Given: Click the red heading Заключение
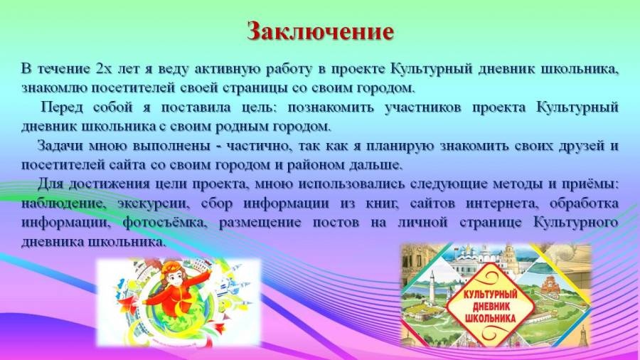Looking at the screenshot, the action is (321, 31).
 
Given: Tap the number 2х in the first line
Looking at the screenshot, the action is (104, 68).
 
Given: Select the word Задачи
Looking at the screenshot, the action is (60, 147).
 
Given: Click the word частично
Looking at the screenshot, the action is (259, 147).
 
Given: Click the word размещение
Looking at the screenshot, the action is (260, 223).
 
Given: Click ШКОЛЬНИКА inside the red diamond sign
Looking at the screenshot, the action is (490, 318).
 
